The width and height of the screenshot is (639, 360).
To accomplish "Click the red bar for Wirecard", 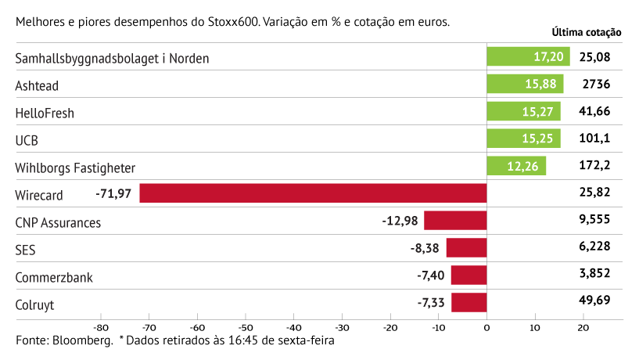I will (x=313, y=193).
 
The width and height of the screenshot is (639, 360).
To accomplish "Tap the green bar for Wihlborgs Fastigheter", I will (x=516, y=167).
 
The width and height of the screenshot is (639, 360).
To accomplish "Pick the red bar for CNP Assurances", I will (x=455, y=221).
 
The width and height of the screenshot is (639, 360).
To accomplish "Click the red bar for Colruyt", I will (x=468, y=302).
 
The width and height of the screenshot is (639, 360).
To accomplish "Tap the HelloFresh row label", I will (x=45, y=113).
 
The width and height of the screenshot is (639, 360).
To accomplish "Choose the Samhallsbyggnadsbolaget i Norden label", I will (x=112, y=59).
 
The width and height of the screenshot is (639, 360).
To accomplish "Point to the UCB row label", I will (x=27, y=140).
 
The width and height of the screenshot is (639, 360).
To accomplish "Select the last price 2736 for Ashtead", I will (x=594, y=85).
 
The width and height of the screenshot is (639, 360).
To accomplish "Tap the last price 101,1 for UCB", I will (x=594, y=139).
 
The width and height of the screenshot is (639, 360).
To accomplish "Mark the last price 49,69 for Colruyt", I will (x=594, y=300).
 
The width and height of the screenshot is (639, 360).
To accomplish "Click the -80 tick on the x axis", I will (x=100, y=328).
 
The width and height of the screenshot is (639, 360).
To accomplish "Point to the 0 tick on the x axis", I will (x=486, y=328).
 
